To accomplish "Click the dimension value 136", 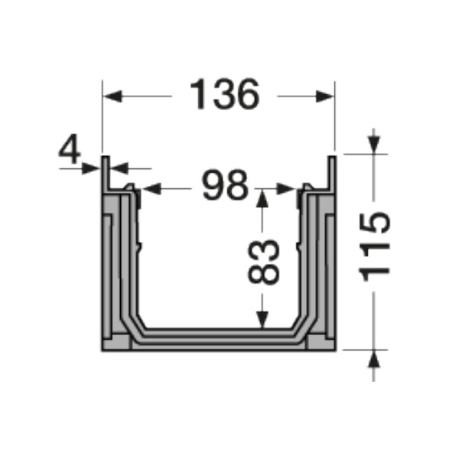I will pos(224,96).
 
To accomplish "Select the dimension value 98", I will pos(225,186).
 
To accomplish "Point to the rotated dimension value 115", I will pos(374,248).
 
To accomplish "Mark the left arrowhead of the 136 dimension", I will pos(111,96).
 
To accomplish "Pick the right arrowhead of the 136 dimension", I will pos(327,96).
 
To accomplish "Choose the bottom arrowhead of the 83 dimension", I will pos(262,324).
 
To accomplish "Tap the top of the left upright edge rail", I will pos(106,159).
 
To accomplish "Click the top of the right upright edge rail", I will pos(333,159).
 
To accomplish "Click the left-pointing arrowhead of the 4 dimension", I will pos(118,168).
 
